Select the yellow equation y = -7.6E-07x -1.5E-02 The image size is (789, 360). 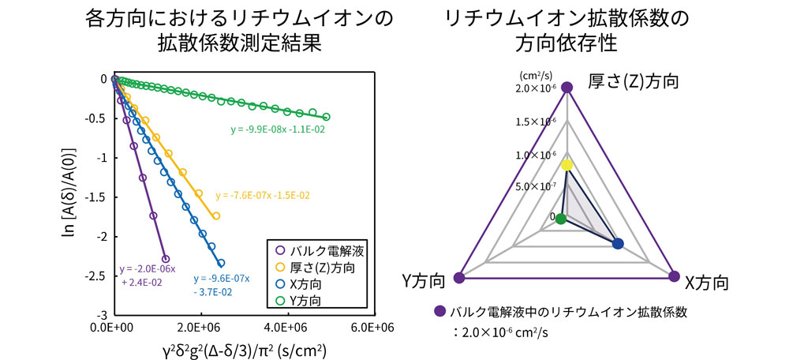(x=262, y=194)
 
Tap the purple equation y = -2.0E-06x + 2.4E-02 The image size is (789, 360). (x=148, y=275)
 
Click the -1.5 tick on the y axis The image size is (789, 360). (x=95, y=197)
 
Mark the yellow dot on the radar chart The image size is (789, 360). (x=567, y=165)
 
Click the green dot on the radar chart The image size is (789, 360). (x=560, y=219)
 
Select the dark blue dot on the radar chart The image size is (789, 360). (x=618, y=244)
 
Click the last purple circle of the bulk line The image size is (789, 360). (x=166, y=259)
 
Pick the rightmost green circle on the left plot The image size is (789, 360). (x=327, y=117)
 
